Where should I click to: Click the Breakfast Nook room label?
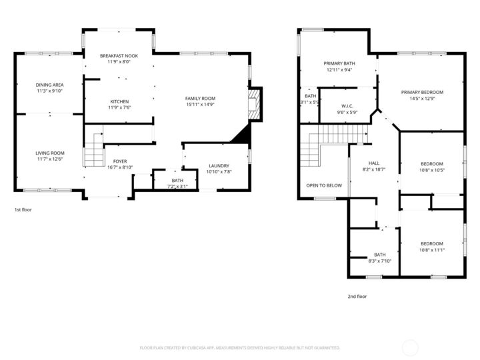tap(119, 55)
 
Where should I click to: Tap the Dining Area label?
tap(49, 85)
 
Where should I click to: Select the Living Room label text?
tap(50, 153)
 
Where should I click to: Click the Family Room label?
tap(200, 99)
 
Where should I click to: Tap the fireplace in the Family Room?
tap(254, 105)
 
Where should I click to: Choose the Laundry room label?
tap(219, 165)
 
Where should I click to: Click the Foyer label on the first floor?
tap(119, 161)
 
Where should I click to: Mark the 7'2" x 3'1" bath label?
tap(177, 186)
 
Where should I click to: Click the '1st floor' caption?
tap(23, 209)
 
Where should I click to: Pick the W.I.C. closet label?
tap(347, 105)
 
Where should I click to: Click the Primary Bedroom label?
tap(422, 92)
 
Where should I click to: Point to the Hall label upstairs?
tap(374, 163)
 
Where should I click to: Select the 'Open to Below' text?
tap(324, 185)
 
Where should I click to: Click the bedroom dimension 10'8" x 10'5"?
tap(431, 170)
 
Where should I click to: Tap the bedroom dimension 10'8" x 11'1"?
tap(431, 250)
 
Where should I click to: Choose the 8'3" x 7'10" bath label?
tap(379, 261)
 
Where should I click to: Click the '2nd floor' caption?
tap(357, 296)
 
